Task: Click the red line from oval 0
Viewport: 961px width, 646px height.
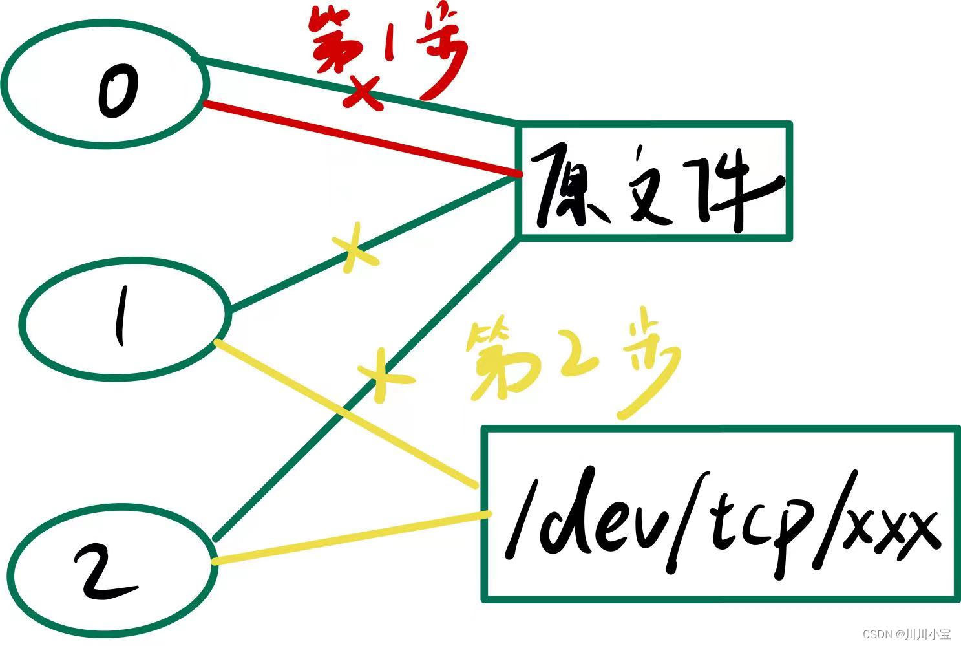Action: [362, 138]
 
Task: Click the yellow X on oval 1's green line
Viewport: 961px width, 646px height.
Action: [352, 250]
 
